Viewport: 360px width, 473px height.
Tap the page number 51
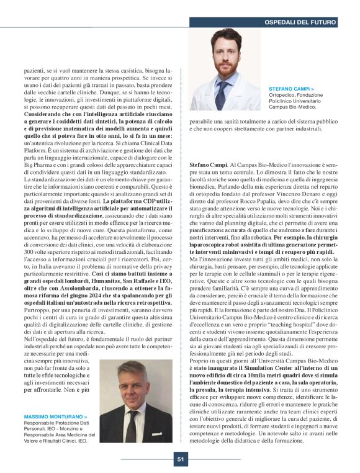click(180, 459)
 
